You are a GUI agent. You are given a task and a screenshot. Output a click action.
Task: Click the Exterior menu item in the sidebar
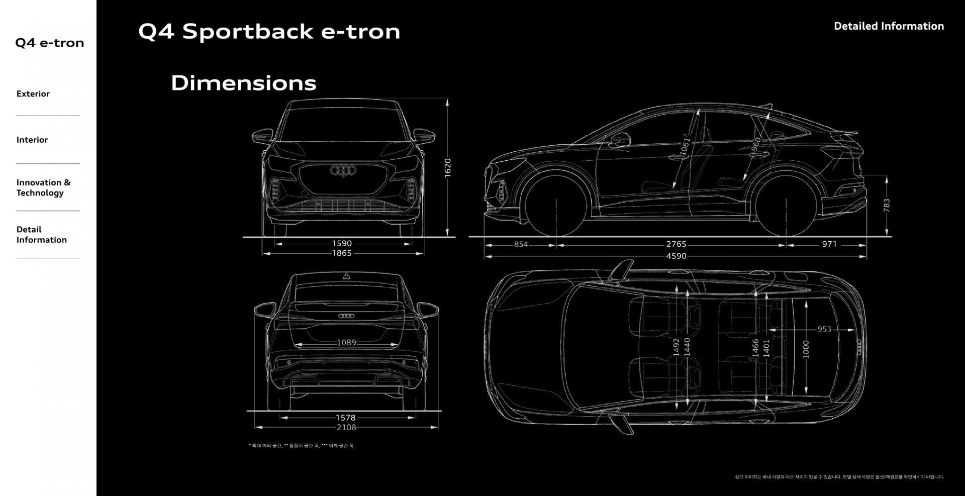coord(33,94)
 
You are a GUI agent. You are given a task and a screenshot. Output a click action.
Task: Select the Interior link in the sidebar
coord(32,140)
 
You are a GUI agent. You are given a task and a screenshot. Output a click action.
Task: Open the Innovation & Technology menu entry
coord(43,187)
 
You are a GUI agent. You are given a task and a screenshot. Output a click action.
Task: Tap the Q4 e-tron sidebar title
coord(49,43)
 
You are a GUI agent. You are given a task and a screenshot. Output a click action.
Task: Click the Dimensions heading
coord(243,83)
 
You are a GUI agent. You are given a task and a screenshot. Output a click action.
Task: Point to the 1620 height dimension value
coord(447,167)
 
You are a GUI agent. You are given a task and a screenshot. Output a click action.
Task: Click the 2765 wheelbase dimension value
coord(676,244)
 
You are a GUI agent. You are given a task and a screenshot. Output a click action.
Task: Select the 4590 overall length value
coord(676,256)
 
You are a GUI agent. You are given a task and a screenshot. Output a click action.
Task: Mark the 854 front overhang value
coord(521,244)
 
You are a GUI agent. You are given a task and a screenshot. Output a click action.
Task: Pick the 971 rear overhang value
coord(829,244)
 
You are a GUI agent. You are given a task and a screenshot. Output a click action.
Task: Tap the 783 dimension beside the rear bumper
coord(886,205)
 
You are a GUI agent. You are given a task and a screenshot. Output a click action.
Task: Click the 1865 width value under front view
coord(342,253)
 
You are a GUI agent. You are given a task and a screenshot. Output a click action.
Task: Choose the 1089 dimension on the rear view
coord(346,343)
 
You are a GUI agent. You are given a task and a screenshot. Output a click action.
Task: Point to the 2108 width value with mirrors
coord(346,427)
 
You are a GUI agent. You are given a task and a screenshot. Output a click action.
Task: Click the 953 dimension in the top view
coord(824,329)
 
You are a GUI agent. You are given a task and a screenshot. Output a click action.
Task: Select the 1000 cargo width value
coord(806,349)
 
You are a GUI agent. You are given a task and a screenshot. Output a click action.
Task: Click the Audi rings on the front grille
coord(343,170)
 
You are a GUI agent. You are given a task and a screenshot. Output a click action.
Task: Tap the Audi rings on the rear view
coord(346,316)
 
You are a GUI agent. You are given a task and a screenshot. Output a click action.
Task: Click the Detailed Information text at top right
coord(889,26)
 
